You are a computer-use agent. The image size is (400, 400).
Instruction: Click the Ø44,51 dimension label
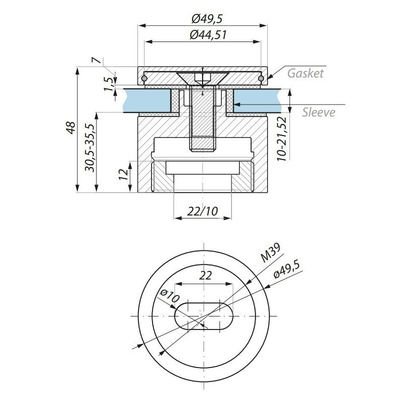(208, 35)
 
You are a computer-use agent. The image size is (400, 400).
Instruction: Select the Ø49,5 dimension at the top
(207, 18)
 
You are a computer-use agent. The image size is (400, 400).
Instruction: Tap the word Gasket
(305, 73)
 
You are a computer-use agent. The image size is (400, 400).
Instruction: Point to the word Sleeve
(318, 112)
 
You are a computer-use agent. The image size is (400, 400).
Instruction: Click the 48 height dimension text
(70, 127)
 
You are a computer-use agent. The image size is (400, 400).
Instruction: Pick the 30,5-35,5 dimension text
(90, 147)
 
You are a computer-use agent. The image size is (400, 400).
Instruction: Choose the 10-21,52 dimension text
(282, 138)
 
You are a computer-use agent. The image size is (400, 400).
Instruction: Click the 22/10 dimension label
(202, 211)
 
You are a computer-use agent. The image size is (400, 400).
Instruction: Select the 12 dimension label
(123, 174)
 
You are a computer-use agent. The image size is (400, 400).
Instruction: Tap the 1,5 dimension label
(108, 84)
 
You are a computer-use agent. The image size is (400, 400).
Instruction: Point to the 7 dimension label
(96, 60)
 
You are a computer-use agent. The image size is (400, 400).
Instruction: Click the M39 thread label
(270, 252)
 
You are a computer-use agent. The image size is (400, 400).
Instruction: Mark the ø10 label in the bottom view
(169, 296)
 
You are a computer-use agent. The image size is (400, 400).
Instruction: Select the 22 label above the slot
(205, 275)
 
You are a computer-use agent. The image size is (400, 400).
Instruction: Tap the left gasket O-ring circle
(144, 78)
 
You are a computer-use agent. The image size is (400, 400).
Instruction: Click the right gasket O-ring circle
(260, 78)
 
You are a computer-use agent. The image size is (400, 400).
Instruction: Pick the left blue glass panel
(147, 100)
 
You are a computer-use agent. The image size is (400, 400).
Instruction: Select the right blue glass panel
(257, 100)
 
